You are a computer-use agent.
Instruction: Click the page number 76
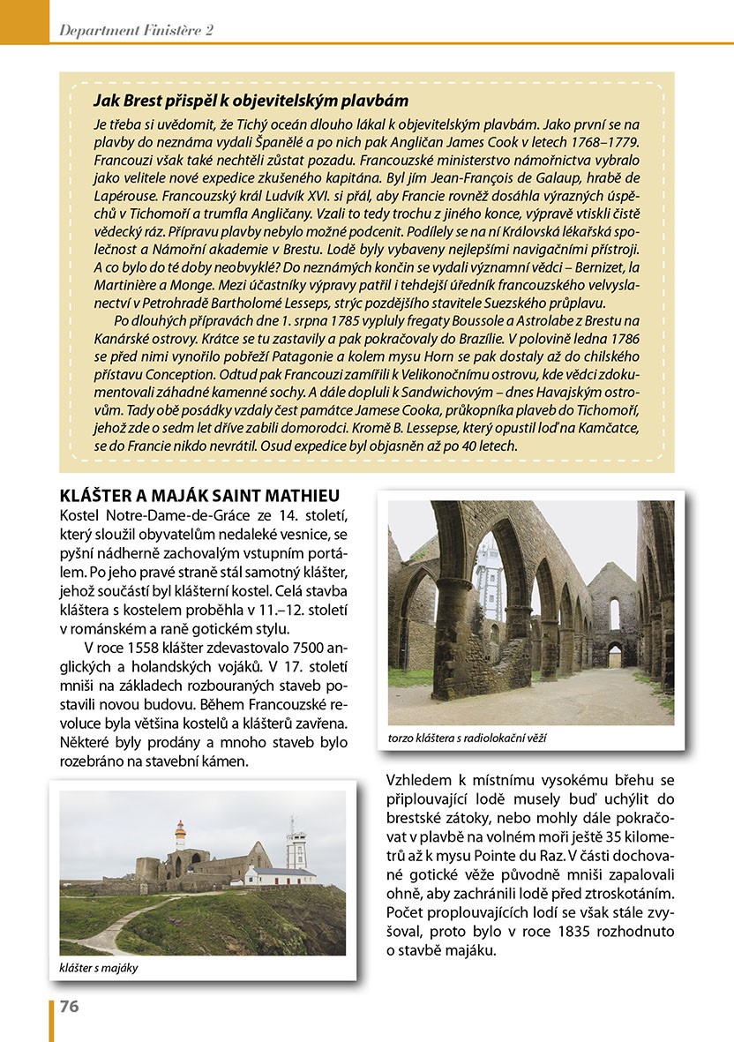[x=70, y=1006]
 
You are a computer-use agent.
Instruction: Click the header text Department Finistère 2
[x=136, y=30]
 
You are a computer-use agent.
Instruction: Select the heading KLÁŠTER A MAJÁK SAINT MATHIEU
[x=199, y=495]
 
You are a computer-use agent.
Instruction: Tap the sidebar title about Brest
[x=251, y=101]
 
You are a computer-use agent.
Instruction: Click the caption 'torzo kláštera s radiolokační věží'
[x=467, y=737]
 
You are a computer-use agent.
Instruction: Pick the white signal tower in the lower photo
[x=296, y=842]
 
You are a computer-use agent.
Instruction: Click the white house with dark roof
[x=279, y=875]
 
